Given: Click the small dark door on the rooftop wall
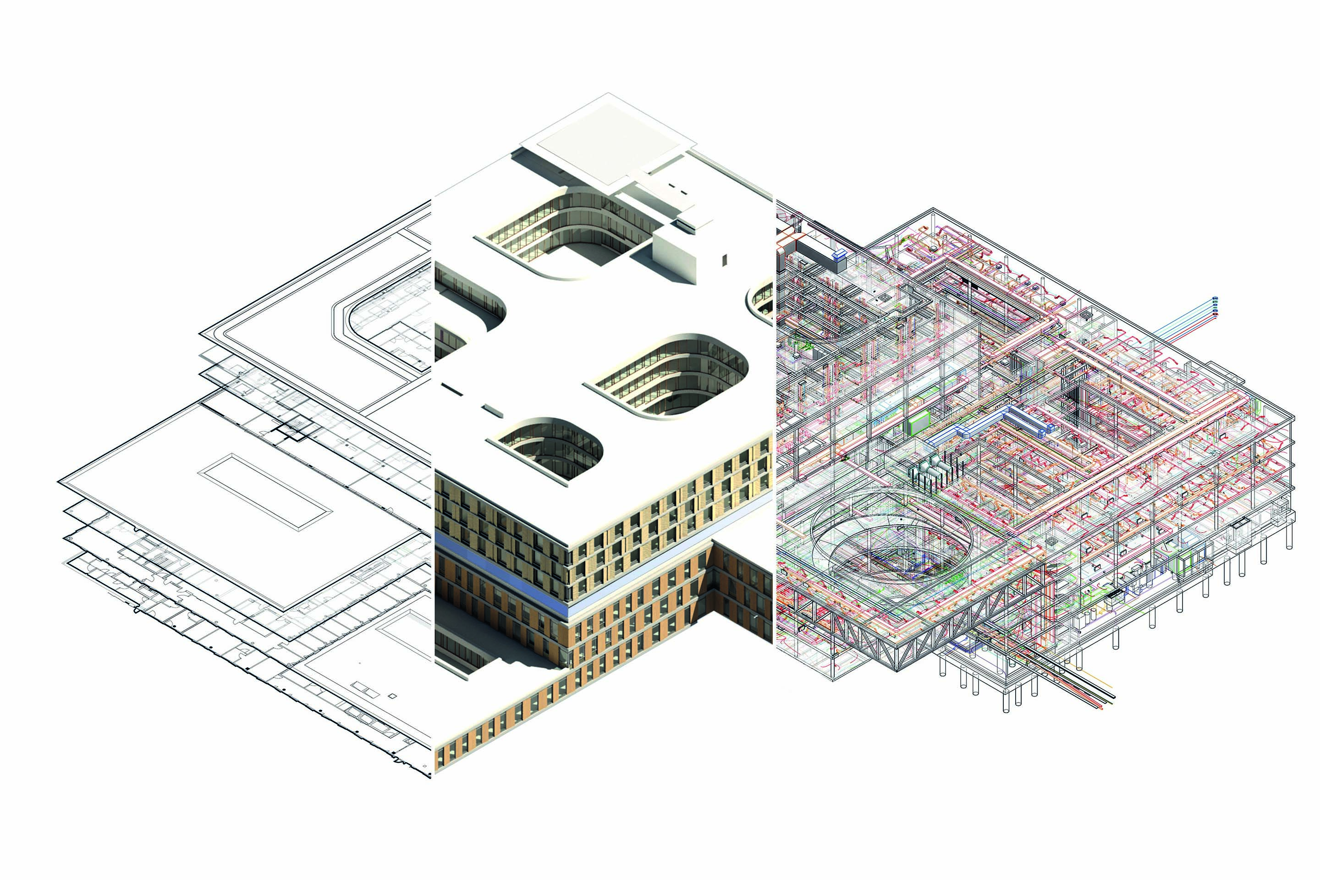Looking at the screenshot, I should click(x=725, y=260).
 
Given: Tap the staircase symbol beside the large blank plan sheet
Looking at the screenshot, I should click(x=293, y=428).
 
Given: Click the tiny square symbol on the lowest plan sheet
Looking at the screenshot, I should click(x=392, y=696).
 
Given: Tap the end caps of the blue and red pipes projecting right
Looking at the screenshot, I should click(x=1215, y=306).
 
